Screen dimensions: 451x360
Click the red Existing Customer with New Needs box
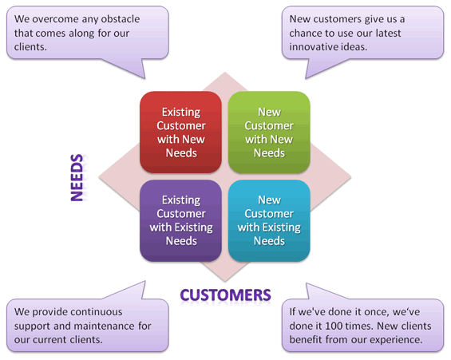point(180,133)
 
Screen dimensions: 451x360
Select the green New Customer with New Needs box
point(269,133)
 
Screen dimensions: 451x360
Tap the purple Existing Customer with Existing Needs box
point(180,220)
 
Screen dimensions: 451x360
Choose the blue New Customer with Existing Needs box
point(269,220)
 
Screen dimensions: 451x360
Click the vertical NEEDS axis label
point(77,177)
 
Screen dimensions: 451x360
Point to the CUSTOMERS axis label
point(225,295)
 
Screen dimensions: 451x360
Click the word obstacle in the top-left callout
point(121,19)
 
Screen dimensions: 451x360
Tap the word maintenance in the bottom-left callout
point(105,326)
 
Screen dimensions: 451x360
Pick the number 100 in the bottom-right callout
point(334,326)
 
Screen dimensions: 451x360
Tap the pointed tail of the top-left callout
point(144,78)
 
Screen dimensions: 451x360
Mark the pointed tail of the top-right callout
point(306,78)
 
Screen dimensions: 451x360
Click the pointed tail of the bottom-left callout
point(144,282)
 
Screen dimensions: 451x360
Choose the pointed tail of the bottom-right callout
point(307,283)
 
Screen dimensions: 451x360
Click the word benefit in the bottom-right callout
point(306,339)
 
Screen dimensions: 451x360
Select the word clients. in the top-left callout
point(30,46)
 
